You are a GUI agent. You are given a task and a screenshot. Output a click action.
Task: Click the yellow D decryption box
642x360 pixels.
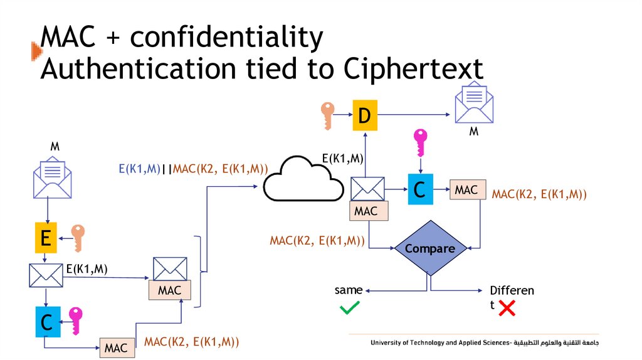point(365,115)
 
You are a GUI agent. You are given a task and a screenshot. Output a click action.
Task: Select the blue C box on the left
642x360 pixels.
point(46,322)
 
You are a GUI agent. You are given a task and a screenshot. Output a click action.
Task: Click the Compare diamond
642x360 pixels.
point(429,248)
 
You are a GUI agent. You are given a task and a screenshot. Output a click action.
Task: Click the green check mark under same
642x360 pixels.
point(349,307)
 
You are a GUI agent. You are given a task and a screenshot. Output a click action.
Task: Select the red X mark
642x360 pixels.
point(507,307)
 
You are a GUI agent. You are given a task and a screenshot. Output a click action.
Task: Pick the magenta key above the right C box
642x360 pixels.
point(420,144)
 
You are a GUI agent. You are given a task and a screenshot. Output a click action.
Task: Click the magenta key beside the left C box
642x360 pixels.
point(76,321)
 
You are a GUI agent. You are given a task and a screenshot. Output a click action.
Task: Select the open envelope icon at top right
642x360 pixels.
point(473,103)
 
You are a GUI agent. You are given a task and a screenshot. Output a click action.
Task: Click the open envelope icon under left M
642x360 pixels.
point(51,178)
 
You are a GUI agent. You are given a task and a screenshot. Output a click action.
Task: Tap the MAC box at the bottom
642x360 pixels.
point(117,347)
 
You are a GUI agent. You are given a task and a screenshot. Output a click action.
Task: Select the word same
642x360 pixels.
point(349,290)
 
